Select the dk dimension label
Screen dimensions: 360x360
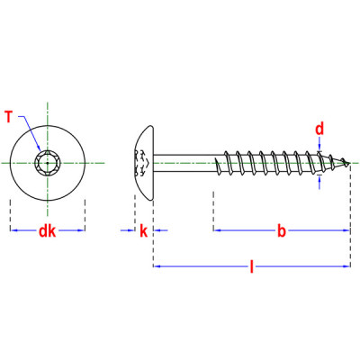point(47,231)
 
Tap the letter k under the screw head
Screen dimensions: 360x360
point(143,231)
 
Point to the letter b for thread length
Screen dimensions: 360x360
point(281,231)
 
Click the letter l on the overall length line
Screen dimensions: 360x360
point(251,266)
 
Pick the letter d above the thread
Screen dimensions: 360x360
point(319,129)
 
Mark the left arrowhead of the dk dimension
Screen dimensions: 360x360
point(13,231)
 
